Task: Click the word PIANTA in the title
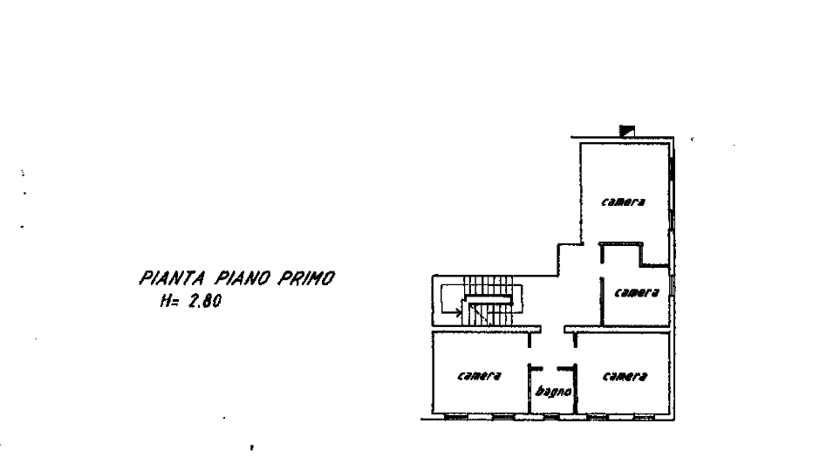172,279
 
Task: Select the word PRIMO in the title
307,279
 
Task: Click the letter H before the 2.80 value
166,304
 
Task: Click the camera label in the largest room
625,203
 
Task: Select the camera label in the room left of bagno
481,378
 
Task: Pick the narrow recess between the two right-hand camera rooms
656,253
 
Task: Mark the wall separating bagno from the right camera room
574,384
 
